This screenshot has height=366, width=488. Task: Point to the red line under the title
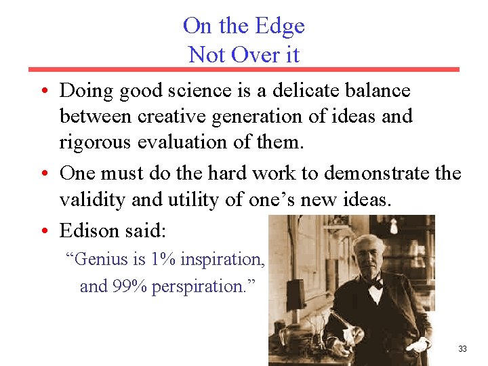click(243, 69)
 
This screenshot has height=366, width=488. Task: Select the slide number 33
click(462, 349)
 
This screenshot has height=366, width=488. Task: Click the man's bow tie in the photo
click(374, 284)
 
